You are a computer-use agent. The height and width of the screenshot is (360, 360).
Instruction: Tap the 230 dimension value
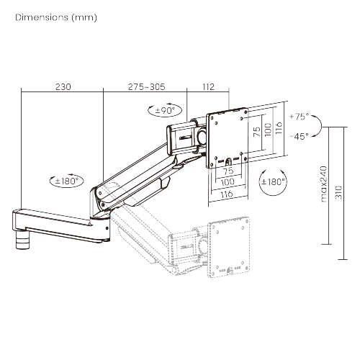(x=63, y=87)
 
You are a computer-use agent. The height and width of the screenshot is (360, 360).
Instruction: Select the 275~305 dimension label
(x=146, y=87)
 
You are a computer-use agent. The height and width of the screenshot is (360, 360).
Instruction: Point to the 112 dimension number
(x=208, y=87)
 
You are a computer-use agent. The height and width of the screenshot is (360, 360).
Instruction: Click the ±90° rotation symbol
(x=166, y=111)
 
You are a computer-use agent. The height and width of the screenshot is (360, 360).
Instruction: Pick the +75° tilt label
(x=297, y=116)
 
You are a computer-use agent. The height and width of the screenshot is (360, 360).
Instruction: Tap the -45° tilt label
(x=297, y=135)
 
